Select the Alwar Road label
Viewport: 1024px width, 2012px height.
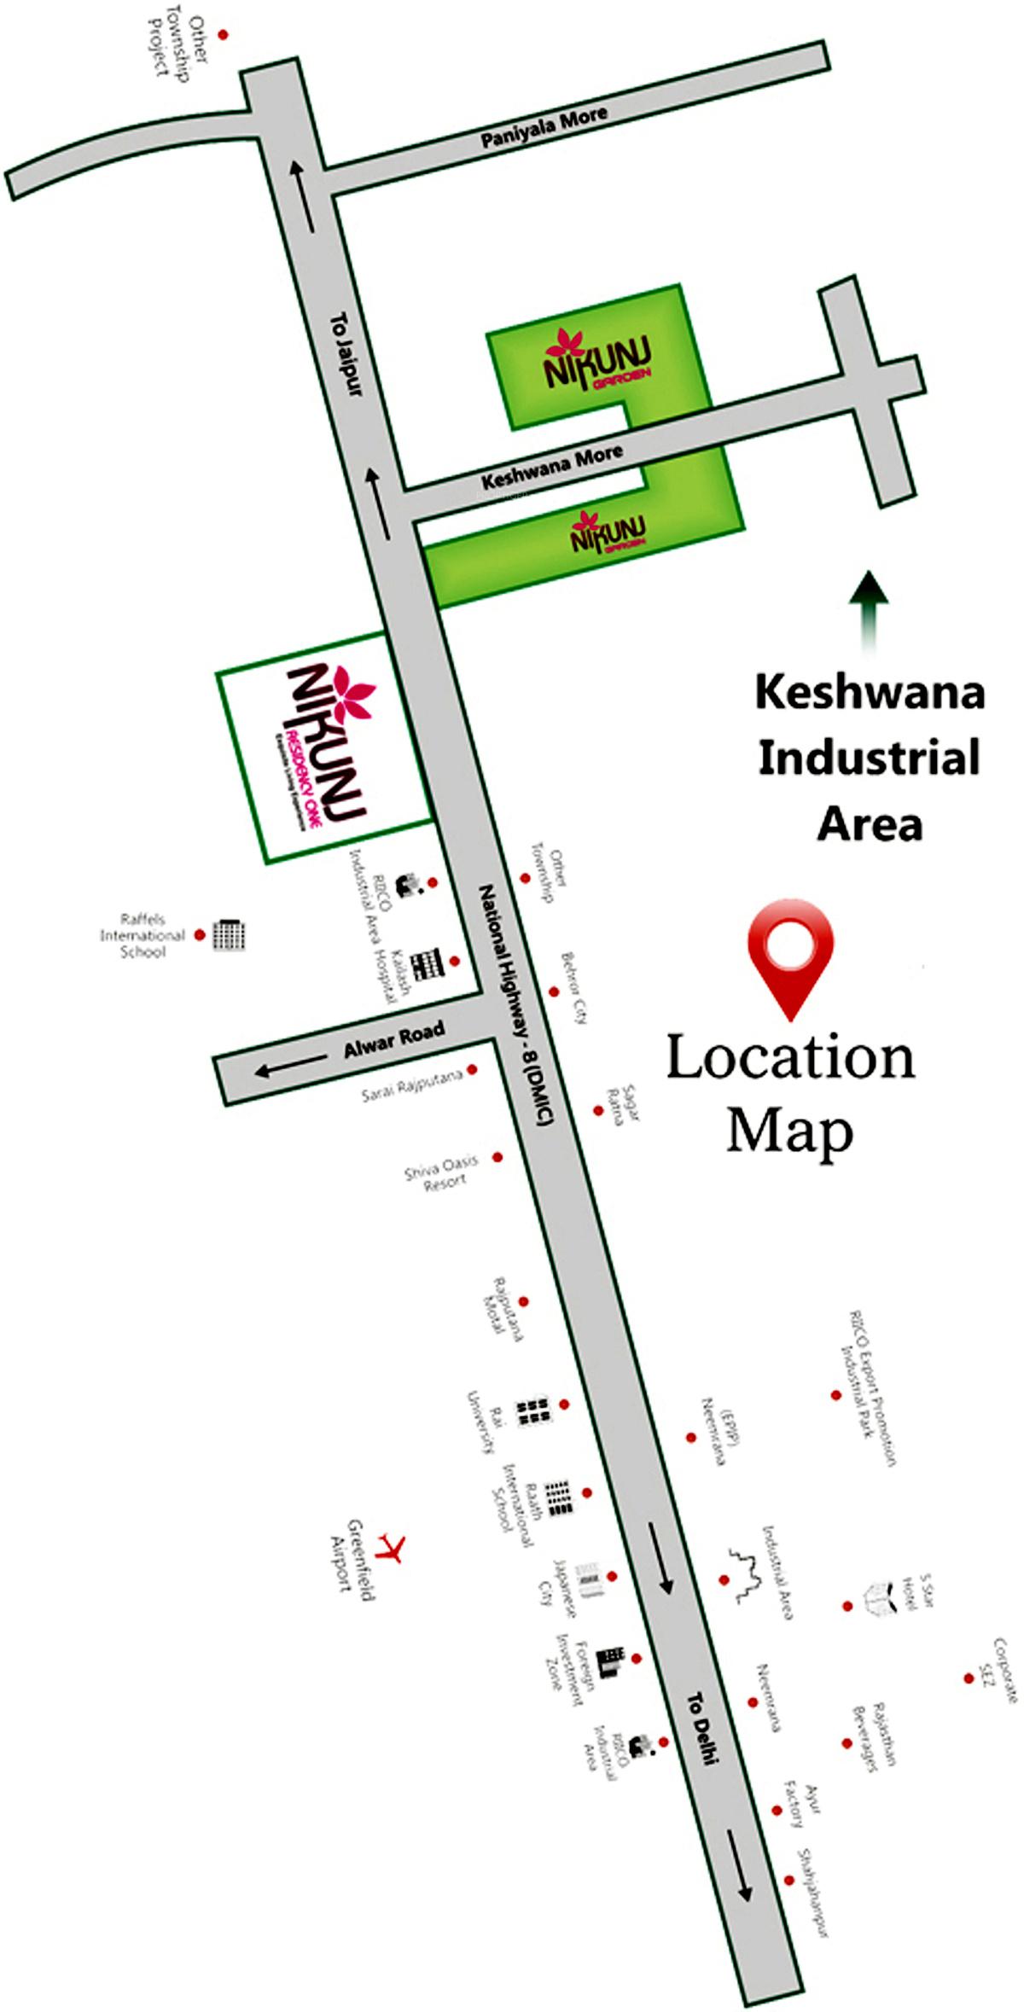click(394, 1041)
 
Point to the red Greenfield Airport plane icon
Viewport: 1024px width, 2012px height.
click(393, 1546)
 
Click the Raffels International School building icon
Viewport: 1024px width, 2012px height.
click(229, 935)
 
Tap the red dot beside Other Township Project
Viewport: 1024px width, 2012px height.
click(224, 35)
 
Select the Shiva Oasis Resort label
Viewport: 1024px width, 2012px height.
click(442, 1171)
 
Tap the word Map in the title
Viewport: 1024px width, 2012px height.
click(789, 1131)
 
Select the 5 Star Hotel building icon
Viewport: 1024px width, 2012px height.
click(880, 1596)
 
